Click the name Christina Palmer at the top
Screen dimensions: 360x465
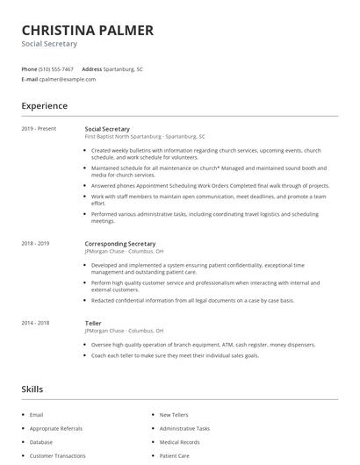(x=87, y=30)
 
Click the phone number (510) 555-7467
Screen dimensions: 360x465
(x=57, y=68)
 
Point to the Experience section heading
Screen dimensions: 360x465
(x=44, y=106)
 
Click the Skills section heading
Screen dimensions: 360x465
(x=32, y=389)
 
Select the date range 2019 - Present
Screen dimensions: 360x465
(x=39, y=128)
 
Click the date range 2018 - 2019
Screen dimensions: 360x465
(x=35, y=243)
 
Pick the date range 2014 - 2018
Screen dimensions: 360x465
(x=35, y=323)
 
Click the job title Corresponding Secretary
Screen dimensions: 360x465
(x=120, y=243)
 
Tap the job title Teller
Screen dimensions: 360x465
(x=93, y=323)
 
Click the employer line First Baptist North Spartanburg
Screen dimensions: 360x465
(x=145, y=137)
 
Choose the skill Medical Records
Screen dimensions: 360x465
(x=179, y=442)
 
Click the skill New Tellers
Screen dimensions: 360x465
(x=174, y=414)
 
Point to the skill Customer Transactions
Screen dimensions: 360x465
(x=58, y=456)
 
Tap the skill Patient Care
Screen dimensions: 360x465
(x=174, y=456)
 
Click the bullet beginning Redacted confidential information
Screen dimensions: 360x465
(x=192, y=300)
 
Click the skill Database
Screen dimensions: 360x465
(x=41, y=442)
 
